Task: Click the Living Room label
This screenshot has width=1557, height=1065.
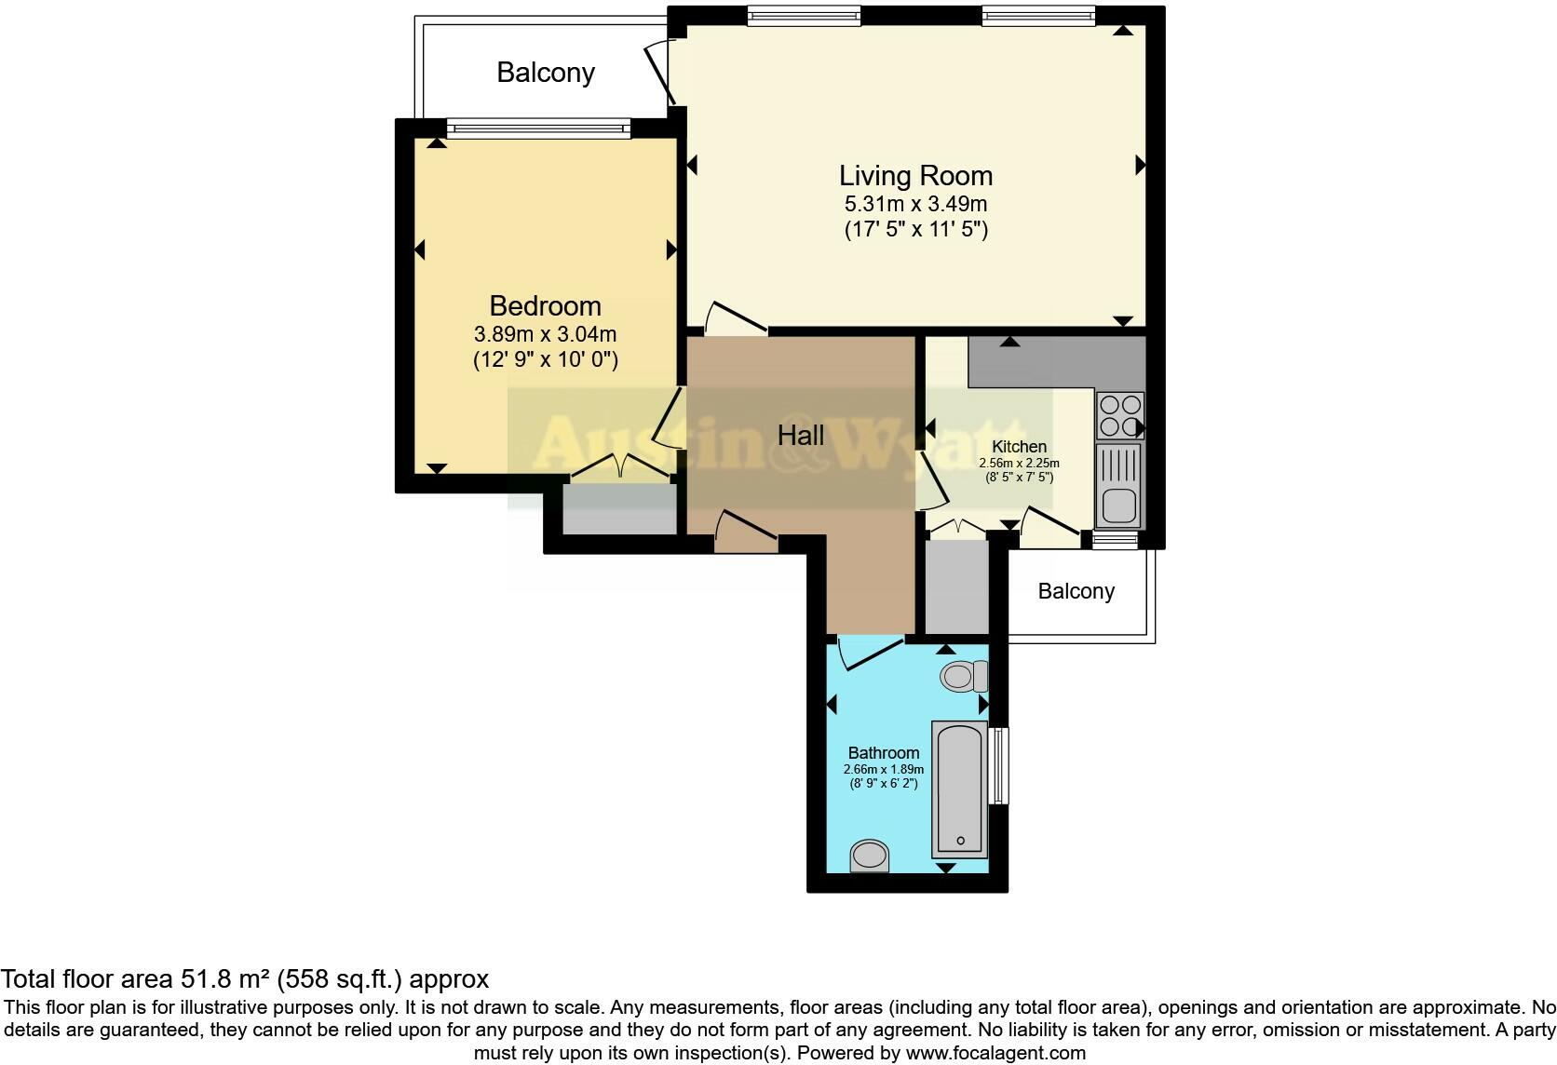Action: [915, 175]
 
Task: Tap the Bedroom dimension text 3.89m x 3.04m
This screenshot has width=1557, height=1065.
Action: [545, 334]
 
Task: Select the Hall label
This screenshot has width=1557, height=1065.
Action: [801, 435]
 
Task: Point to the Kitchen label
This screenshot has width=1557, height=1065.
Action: [1019, 446]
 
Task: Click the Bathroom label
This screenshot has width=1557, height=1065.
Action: [883, 752]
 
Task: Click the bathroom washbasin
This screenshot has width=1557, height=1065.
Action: [870, 855]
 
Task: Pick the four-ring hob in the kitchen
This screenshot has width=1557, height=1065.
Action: [1119, 415]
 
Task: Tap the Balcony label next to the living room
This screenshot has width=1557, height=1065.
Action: [546, 73]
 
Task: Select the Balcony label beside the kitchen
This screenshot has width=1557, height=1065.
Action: [1076, 591]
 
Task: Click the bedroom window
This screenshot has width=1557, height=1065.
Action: [538, 128]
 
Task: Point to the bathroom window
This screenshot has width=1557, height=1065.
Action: [998, 765]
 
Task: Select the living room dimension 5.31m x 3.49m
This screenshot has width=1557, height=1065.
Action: [915, 204]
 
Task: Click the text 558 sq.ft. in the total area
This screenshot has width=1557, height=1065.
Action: [340, 978]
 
